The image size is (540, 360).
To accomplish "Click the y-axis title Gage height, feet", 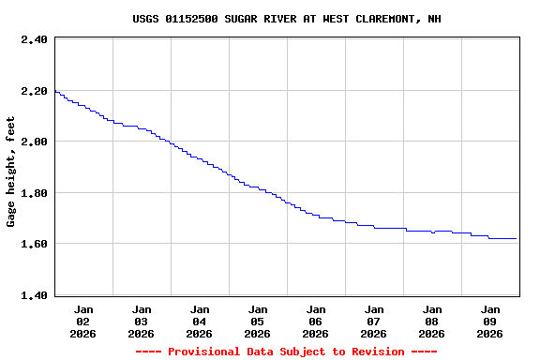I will (11, 172).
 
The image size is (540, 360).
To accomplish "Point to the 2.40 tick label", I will (33, 39).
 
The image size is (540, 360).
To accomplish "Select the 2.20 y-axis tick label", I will (33, 91).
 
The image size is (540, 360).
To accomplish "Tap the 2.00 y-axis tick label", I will (33, 142).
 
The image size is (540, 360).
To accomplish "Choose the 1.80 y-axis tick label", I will (33, 193).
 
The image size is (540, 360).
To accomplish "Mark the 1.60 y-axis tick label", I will (33, 244).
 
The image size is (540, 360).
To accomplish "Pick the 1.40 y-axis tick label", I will (33, 295).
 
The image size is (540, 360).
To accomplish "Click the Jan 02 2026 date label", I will (83, 321).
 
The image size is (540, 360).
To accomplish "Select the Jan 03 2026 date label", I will (142, 321).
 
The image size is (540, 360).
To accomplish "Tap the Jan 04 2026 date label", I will (200, 321).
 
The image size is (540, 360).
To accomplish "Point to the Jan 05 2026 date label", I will (258, 321).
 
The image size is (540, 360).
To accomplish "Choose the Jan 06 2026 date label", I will (316, 321).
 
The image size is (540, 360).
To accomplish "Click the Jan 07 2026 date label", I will (374, 321).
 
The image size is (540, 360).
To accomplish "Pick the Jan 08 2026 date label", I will (432, 321).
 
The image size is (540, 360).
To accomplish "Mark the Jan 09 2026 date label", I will (490, 321).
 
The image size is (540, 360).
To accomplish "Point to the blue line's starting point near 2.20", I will (56, 91).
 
